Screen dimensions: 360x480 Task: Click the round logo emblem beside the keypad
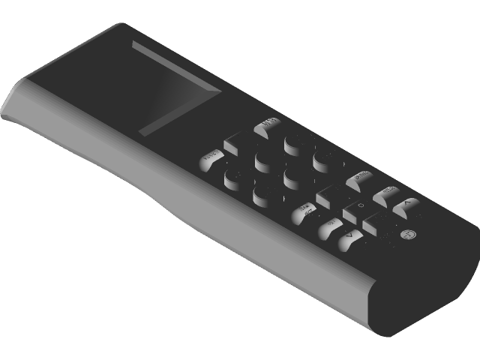(409, 235)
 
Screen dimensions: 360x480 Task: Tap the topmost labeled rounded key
(267, 127)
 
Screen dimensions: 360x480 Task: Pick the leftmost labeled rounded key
(209, 159)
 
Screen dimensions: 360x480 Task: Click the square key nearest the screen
(235, 140)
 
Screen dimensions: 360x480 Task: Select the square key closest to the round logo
(375, 223)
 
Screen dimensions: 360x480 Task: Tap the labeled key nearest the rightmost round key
(359, 178)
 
